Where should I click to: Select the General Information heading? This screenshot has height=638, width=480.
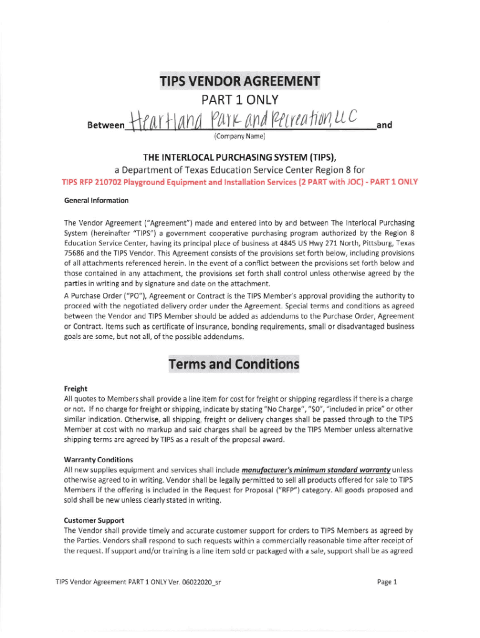pos(96,201)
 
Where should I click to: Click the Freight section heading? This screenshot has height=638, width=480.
pos(75,389)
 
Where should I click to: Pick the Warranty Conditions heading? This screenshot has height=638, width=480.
pos(98,460)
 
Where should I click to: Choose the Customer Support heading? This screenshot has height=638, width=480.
pos(94,520)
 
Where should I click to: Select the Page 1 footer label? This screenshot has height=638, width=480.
pos(387,583)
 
